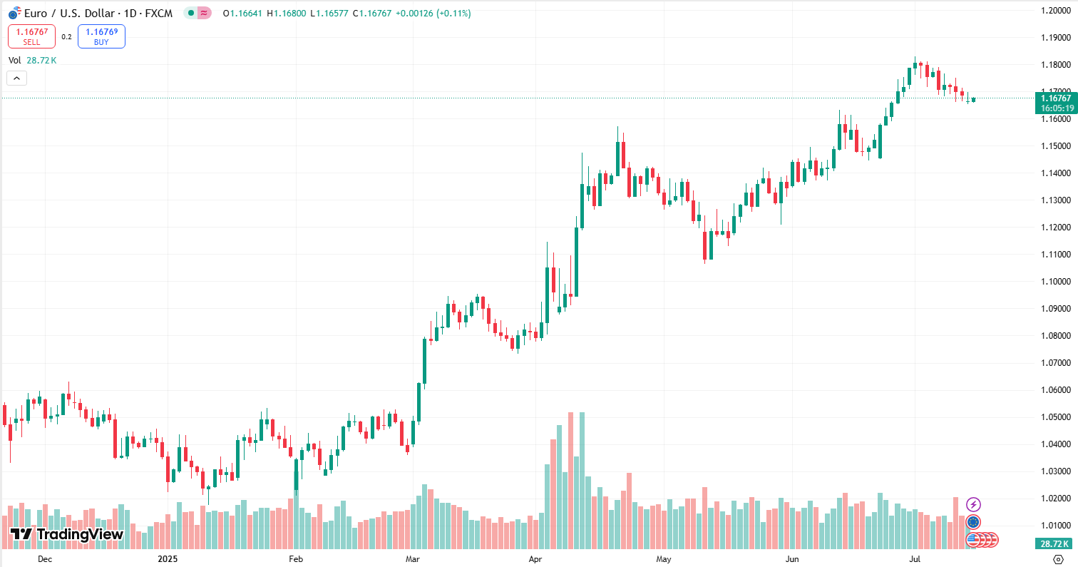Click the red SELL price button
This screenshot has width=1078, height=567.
click(31, 36)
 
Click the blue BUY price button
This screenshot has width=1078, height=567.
click(101, 36)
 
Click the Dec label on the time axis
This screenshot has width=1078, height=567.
click(44, 560)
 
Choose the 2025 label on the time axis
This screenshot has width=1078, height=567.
click(167, 560)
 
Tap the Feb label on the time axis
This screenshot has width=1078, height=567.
click(296, 560)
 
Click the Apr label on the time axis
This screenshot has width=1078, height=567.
click(536, 560)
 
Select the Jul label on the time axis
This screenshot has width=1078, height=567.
click(915, 560)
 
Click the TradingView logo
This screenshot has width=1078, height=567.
click(66, 534)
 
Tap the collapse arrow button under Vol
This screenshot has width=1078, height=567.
click(16, 78)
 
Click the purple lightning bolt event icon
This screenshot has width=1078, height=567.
click(973, 505)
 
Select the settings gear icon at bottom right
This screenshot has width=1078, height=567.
click(1058, 560)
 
